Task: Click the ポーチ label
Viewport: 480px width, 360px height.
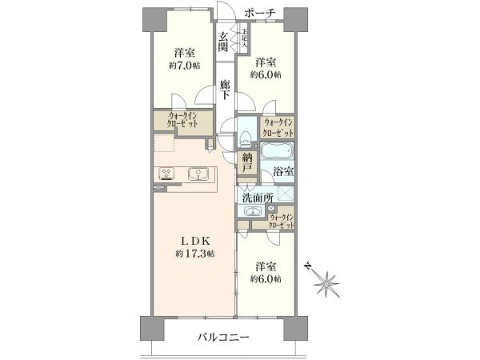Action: pyautogui.click(x=261, y=13)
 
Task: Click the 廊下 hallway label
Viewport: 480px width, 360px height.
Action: pyautogui.click(x=226, y=89)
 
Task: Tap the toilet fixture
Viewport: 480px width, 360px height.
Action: pyautogui.click(x=246, y=135)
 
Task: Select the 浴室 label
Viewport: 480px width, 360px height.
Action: pyautogui.click(x=282, y=171)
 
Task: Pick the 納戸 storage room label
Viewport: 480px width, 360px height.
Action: pyautogui.click(x=248, y=169)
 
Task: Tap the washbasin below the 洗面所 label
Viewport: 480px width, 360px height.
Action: pyautogui.click(x=253, y=211)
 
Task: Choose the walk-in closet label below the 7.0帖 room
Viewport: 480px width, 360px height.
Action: pyautogui.click(x=183, y=121)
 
